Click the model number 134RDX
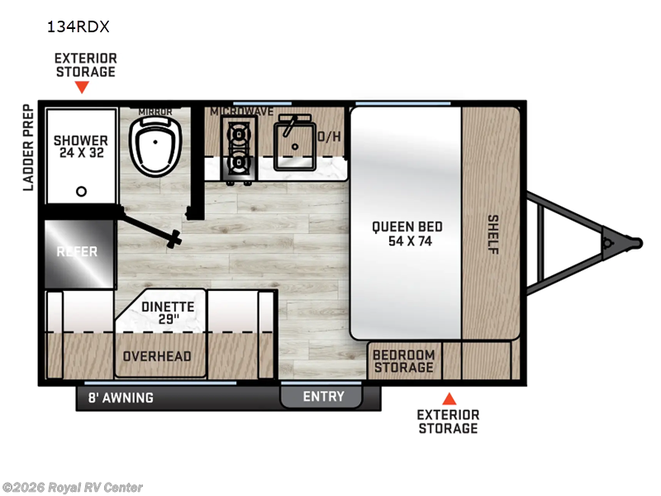click(x=78, y=27)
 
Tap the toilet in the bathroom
click(x=155, y=145)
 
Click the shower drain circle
click(x=81, y=192)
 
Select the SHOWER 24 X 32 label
click(x=80, y=146)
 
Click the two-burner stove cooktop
click(x=239, y=150)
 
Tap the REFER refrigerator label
click(x=77, y=252)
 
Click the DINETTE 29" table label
click(x=168, y=312)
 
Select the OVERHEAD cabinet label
click(x=157, y=356)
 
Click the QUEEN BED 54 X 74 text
click(x=407, y=234)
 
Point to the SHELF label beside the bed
click(x=492, y=235)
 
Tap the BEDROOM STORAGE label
click(x=404, y=361)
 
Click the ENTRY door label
click(x=323, y=397)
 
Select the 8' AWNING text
click(x=121, y=398)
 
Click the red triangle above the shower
click(x=82, y=87)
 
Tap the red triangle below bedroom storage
click(x=449, y=399)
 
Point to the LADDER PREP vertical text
click(x=28, y=148)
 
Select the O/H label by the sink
click(x=329, y=136)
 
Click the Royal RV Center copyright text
click(x=73, y=488)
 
